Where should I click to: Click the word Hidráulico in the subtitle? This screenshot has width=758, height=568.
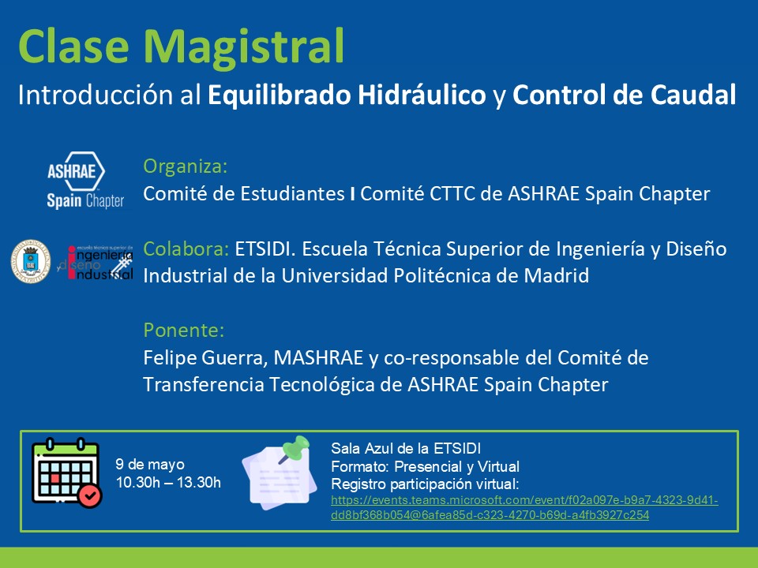[422, 95]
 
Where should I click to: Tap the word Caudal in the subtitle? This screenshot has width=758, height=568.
[692, 95]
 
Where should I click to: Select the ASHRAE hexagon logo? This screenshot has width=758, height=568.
[76, 171]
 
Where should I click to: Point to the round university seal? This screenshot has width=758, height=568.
[31, 261]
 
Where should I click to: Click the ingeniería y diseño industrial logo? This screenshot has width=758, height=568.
[96, 262]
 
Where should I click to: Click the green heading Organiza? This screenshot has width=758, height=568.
[185, 166]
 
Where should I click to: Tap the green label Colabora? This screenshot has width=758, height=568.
[186, 249]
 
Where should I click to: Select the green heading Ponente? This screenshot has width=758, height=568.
[184, 331]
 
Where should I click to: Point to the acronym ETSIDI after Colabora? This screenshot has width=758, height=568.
[265, 249]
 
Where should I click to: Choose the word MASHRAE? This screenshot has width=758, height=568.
[318, 358]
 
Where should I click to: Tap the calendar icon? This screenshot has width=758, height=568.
[66, 472]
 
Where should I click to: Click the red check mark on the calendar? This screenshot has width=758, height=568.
[90, 496]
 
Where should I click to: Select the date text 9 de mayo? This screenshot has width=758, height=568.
[150, 465]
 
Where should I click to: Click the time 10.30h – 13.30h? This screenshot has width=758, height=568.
[168, 482]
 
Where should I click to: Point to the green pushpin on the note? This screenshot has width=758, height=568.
[294, 449]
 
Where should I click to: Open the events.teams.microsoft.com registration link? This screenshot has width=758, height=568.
[524, 507]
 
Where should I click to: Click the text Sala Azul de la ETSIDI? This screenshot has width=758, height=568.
[406, 449]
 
